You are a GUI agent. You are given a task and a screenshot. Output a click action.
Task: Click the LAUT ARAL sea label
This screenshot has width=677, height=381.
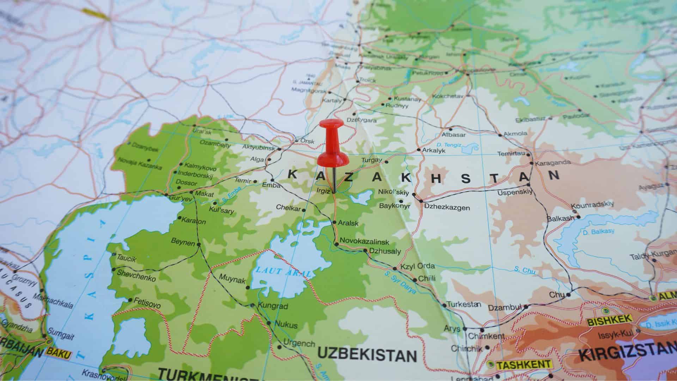coord(283,272)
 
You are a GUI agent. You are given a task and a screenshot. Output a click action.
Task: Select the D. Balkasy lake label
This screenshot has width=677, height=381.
coord(598,232)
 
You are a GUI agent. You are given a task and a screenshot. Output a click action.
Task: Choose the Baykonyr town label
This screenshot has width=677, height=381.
coord(395,206)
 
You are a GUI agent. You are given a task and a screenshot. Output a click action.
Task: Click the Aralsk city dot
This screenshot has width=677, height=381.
coord(334,222)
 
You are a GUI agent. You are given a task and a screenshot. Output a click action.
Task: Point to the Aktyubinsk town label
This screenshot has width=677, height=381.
coord(258,147)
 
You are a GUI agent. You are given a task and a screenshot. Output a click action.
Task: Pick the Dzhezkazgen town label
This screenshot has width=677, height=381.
coord(447,207)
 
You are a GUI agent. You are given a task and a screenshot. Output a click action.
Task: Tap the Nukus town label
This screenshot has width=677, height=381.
coord(286,325)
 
